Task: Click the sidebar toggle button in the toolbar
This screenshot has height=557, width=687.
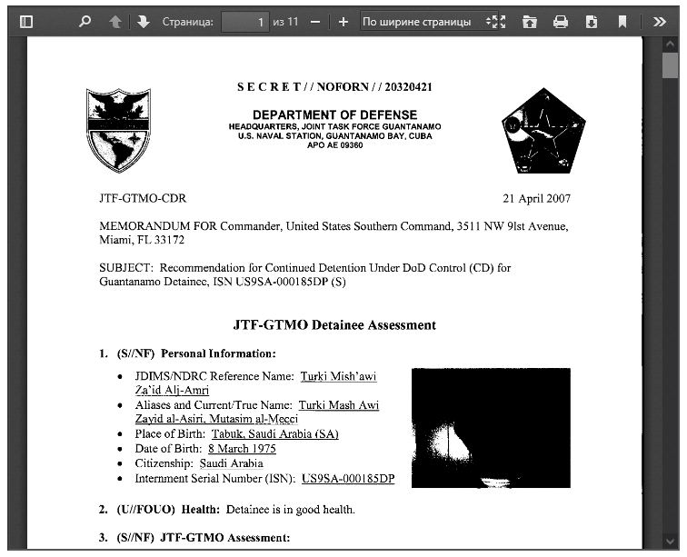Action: (x=26, y=21)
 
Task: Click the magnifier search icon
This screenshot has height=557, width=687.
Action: (x=85, y=21)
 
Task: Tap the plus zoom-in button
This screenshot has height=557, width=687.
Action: (x=343, y=21)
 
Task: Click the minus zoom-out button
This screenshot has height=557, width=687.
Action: (x=315, y=21)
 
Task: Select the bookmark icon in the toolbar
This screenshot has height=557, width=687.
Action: (x=622, y=21)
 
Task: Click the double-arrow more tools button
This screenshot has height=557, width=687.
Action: (x=661, y=21)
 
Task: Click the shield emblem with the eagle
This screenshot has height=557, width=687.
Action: (x=117, y=131)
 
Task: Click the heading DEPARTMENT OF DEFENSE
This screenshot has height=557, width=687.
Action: (x=334, y=114)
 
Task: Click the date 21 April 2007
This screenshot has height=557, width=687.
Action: (x=536, y=198)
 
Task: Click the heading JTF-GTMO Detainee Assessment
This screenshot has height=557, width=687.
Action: (x=334, y=324)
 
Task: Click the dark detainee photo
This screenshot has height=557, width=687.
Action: (x=491, y=427)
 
